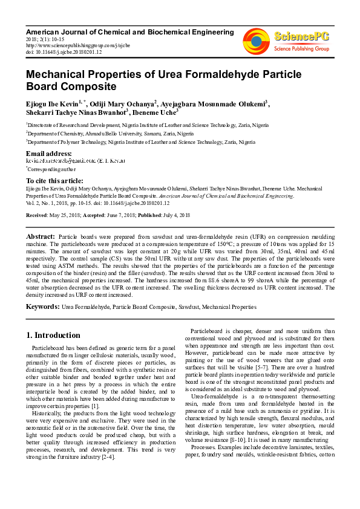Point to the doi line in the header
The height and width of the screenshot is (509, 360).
pyautogui.click(x=64, y=51)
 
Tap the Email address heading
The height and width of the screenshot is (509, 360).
pyautogui.click(x=49, y=154)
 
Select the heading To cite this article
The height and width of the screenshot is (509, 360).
pyautogui.click(x=55, y=181)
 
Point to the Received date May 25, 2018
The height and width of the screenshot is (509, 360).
pyautogui.click(x=68, y=215)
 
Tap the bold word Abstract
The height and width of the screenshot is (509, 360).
pyautogui.click(x=41, y=236)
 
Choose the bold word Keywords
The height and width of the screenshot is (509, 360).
pyautogui.click(x=42, y=307)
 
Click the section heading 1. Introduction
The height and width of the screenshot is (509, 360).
pyautogui.click(x=53, y=335)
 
